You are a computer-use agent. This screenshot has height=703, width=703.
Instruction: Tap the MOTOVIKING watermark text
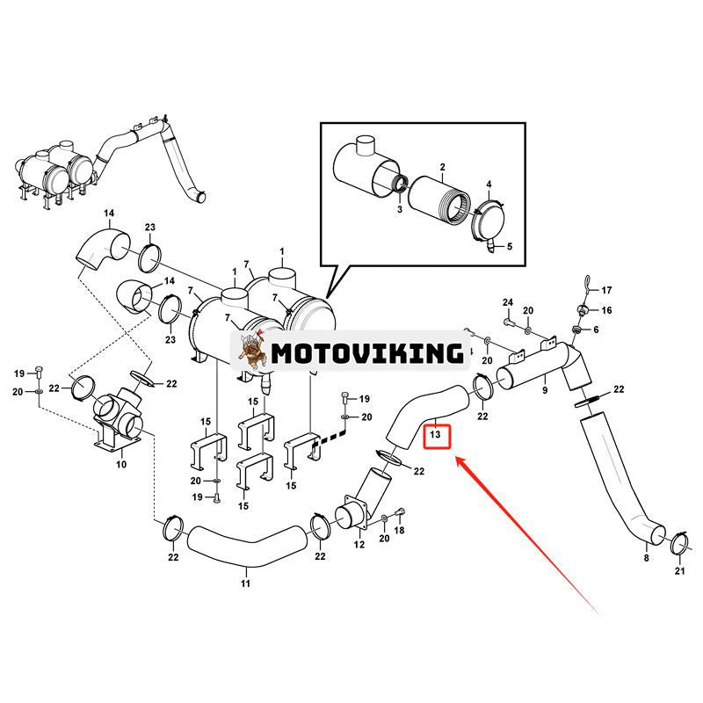pyautogui.click(x=367, y=353)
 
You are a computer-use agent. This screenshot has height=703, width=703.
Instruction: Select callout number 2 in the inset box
pyautogui.click(x=443, y=167)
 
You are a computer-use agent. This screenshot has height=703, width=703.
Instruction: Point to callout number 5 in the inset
pyautogui.click(x=510, y=246)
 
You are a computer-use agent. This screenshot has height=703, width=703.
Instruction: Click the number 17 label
pyautogui.click(x=606, y=290)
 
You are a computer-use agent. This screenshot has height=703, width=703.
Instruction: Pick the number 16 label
pyautogui.click(x=606, y=310)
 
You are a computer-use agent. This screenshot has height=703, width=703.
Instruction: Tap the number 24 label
pyautogui.click(x=508, y=302)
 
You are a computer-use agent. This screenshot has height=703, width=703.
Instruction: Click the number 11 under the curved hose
pyautogui.click(x=245, y=583)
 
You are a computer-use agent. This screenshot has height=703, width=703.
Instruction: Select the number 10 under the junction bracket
pyautogui.click(x=121, y=464)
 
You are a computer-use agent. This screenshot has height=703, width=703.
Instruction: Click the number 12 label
pyautogui.click(x=359, y=544)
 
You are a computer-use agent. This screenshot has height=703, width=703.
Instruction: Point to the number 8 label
pyautogui.click(x=646, y=558)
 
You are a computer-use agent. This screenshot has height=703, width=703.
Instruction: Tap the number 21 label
pyautogui.click(x=679, y=570)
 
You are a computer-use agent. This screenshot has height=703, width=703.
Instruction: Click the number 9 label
pyautogui.click(x=545, y=390)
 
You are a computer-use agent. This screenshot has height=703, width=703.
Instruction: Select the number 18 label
pyautogui.click(x=399, y=530)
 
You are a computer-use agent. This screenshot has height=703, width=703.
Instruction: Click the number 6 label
pyautogui.click(x=596, y=330)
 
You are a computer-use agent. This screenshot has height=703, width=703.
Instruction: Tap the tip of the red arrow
pyautogui.click(x=457, y=457)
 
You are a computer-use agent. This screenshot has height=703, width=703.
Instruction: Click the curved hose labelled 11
pyautogui.click(x=247, y=545)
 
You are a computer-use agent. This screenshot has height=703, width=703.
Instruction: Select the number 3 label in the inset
pyautogui.click(x=399, y=209)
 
